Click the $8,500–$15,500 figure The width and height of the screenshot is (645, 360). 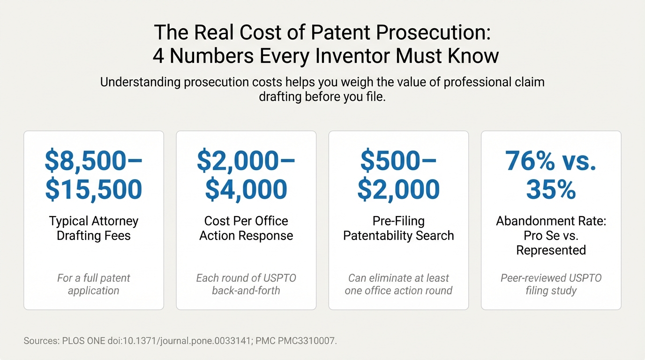click(94, 175)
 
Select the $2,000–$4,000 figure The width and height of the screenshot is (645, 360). click(246, 175)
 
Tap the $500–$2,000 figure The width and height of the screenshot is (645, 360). click(398, 175)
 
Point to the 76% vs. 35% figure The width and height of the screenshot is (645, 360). click(551, 175)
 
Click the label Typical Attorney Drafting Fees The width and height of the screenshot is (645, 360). click(94, 228)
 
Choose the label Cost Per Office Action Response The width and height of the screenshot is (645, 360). click(246, 228)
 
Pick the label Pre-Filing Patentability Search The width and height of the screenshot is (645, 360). click(398, 228)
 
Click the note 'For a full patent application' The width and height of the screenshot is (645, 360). click(94, 284)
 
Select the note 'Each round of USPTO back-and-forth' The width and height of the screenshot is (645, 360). click(246, 284)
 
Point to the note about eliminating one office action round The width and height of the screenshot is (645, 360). click(398, 284)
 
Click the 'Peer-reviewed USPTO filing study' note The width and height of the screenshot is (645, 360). click(551, 284)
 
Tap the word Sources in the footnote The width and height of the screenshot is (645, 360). click(41, 341)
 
